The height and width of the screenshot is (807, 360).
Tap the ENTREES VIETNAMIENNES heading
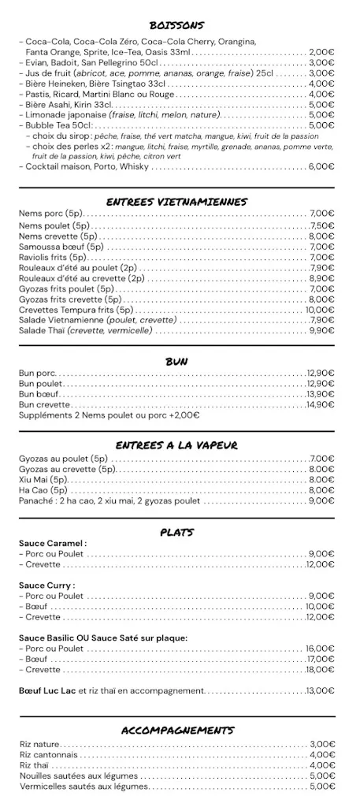tap(176, 202)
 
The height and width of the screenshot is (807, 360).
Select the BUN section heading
tap(176, 361)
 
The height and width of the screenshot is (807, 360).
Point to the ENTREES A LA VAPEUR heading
tap(176, 445)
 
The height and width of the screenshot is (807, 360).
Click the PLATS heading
tap(176, 533)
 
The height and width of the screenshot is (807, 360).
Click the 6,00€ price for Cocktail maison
tap(321, 167)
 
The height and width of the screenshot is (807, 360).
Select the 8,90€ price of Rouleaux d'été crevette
tap(321, 278)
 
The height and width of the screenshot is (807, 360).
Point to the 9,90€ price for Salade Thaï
tap(321, 331)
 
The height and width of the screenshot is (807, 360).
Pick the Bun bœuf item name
tap(39, 394)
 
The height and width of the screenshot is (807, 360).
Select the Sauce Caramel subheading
tap(52, 544)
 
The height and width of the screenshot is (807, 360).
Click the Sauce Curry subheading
tap(46, 586)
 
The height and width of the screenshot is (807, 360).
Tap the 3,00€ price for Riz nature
tap(322, 744)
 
